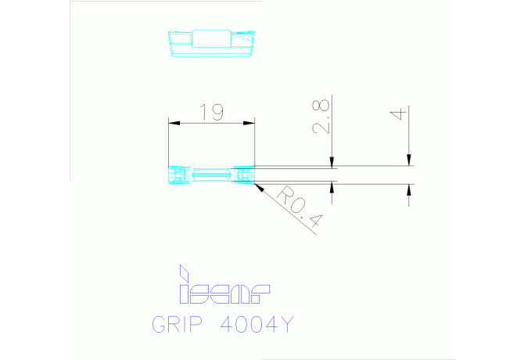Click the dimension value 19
click(211, 112)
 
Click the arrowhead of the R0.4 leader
click(258, 185)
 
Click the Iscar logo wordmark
click(224, 293)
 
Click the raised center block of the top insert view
click(210, 38)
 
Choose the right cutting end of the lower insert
click(244, 175)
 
